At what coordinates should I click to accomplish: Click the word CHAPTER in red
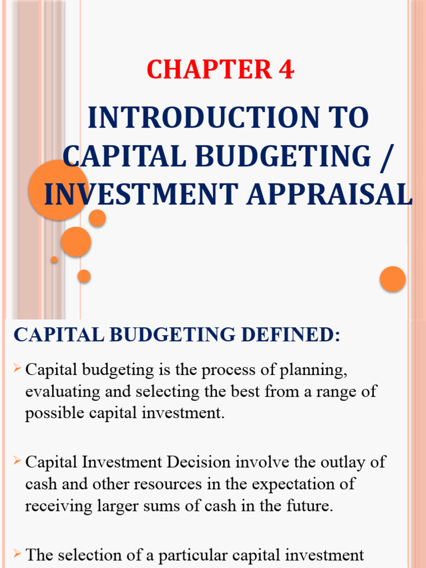tap(207, 70)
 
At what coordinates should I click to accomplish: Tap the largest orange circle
tap(57, 190)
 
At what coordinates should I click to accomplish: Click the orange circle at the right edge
tap(393, 278)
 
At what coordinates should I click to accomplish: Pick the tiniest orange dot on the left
tap(54, 260)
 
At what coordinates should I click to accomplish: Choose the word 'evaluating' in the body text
tap(59, 392)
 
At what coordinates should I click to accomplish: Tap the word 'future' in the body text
tap(311, 506)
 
